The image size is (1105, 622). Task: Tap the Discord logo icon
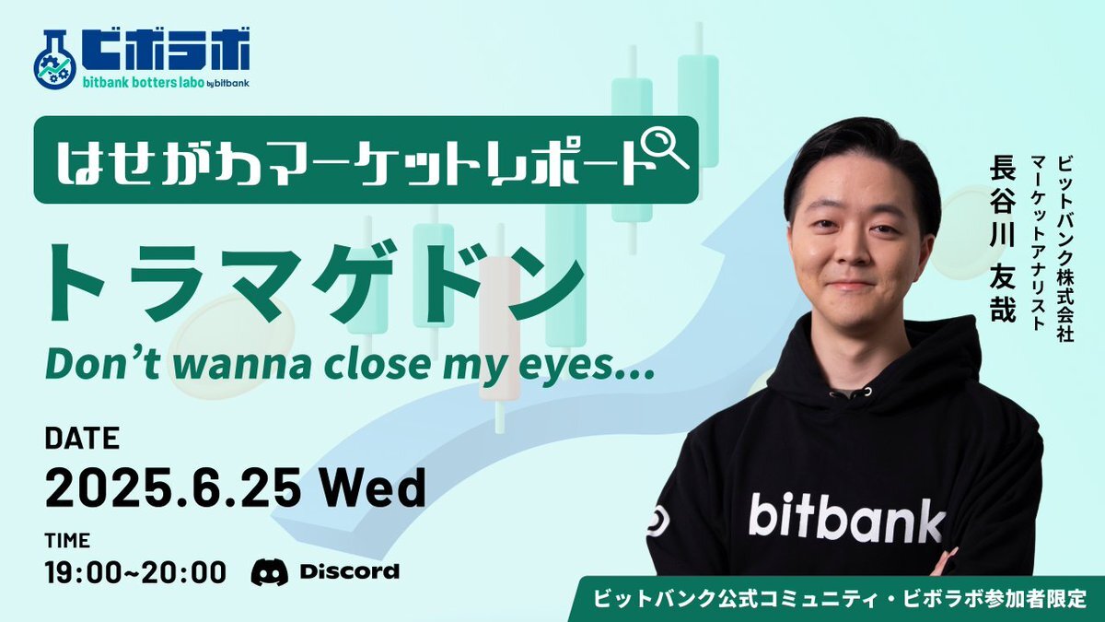(x=269, y=572)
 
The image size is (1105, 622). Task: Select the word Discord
(x=350, y=571)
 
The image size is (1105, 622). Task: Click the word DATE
(x=82, y=438)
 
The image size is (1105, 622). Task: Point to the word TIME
(x=67, y=541)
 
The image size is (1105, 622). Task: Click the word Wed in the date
(x=374, y=487)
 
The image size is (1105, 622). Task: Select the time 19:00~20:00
(x=135, y=572)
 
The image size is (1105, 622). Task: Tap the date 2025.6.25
(x=173, y=487)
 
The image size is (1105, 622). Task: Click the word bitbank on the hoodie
(x=846, y=517)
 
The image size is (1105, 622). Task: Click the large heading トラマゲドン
(x=316, y=281)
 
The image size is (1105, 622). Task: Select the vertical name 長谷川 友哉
(x=1003, y=240)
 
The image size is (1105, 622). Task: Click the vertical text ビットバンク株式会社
(x=1065, y=250)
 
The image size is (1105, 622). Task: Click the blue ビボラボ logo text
(x=166, y=48)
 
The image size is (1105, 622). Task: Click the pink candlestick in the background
(x=500, y=328)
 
